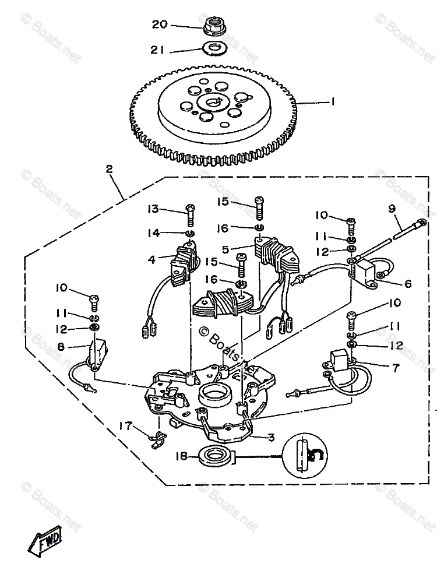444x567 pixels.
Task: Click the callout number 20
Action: click(159, 24)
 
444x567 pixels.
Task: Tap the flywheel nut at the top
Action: click(215, 26)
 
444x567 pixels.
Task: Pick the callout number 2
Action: click(109, 170)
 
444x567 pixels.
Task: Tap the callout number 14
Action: click(153, 233)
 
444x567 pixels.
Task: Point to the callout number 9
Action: click(392, 207)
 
